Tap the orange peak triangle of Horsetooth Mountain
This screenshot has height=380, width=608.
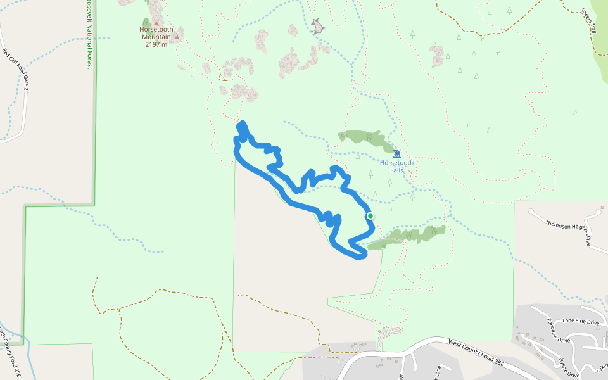point(156,23)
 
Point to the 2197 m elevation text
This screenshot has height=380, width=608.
point(156,44)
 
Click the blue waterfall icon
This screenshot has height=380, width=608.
point(396,154)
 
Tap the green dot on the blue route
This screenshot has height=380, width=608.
point(370,216)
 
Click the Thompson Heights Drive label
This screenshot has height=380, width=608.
point(567,229)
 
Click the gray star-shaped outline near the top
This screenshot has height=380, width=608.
point(318,26)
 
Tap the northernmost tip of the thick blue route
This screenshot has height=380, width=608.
point(241,123)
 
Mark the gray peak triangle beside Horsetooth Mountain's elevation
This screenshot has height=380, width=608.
point(177,37)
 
